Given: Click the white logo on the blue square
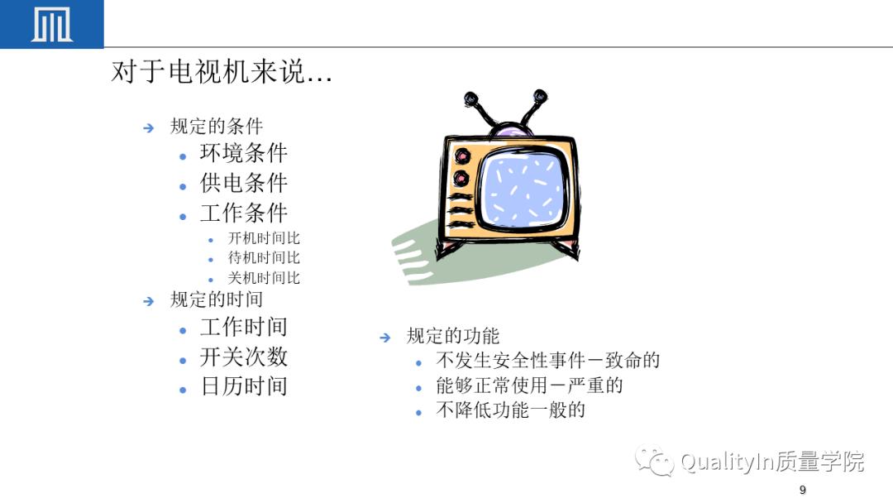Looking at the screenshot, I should point(51,25).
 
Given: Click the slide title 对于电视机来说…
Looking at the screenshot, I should point(222,73).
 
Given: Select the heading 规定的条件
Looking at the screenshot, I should point(216,127).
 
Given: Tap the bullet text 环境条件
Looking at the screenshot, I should point(243,154).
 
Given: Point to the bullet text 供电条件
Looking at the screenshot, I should point(243,184).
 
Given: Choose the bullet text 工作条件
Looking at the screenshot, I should point(243,213).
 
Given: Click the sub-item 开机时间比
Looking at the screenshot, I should point(264,238).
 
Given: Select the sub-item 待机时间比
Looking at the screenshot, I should point(264,258).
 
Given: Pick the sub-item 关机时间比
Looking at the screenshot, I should point(264,278).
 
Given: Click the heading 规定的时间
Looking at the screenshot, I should point(216,299).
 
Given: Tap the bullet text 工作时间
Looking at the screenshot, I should point(243,328).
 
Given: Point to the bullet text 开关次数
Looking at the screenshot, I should point(243,357).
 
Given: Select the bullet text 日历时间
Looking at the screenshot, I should point(243,386).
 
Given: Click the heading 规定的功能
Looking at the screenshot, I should point(453,336).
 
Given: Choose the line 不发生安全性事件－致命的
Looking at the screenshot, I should point(547,361).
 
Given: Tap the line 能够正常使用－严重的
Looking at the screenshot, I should point(529,386).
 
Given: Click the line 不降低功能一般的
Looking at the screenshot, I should point(510,410).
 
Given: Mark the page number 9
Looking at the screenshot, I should point(802,491).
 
